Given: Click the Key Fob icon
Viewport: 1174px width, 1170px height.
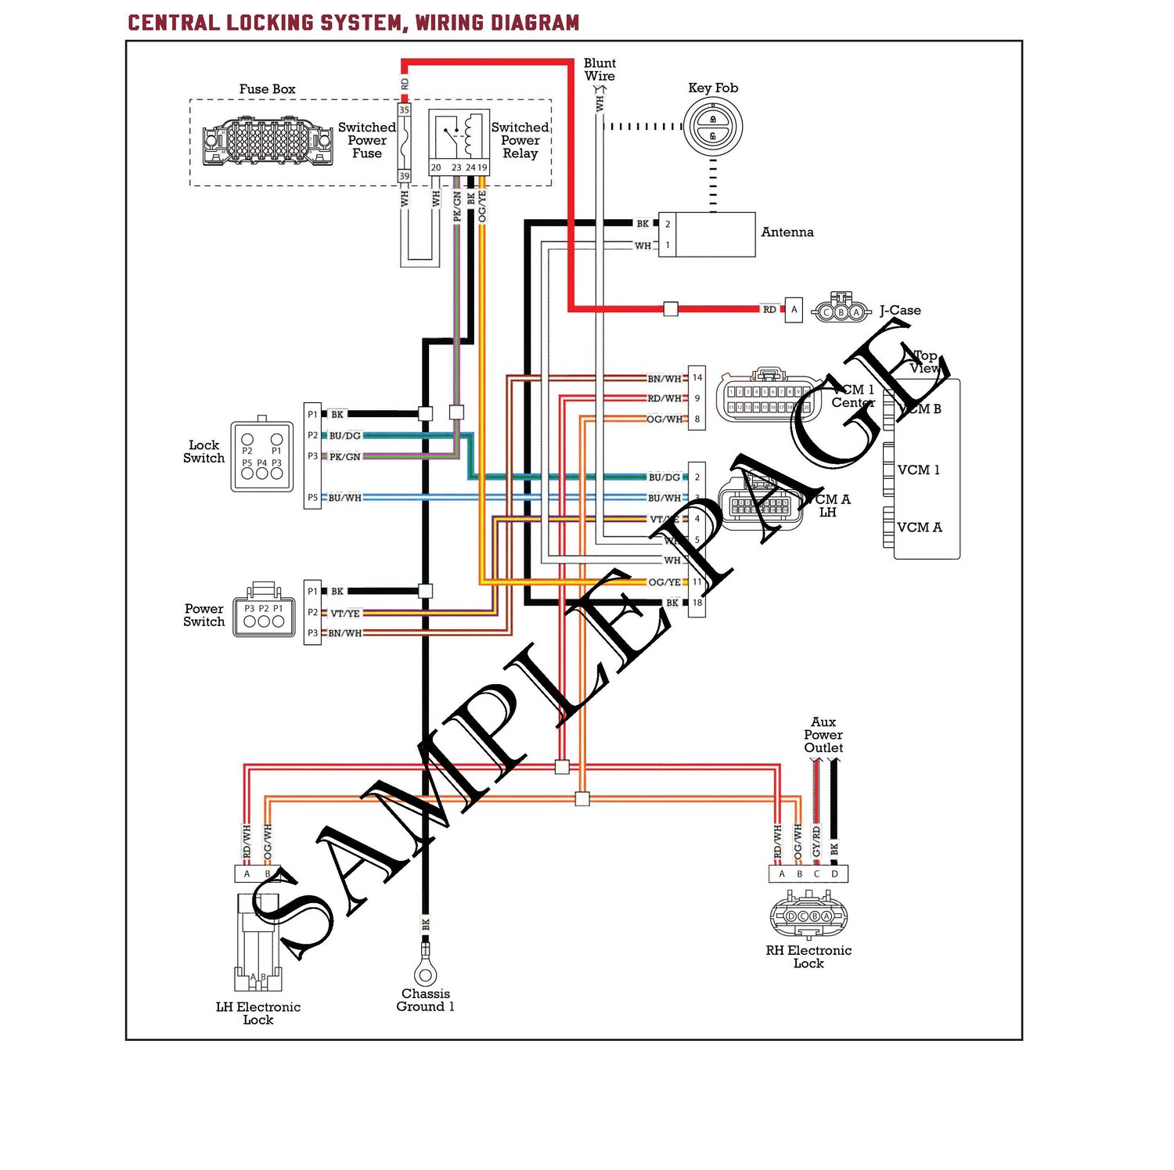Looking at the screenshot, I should click(x=712, y=127).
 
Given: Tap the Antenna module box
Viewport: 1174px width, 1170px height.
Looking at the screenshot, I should click(x=715, y=234).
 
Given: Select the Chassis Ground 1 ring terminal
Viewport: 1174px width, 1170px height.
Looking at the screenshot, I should click(x=425, y=973).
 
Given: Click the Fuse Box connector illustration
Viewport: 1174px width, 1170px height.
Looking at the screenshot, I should click(x=267, y=142).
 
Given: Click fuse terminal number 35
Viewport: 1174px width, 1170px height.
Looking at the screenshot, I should click(x=405, y=110).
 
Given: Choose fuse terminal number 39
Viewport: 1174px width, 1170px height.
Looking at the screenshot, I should click(x=405, y=177).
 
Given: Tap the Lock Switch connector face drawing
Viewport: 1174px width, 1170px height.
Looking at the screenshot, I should click(x=261, y=457).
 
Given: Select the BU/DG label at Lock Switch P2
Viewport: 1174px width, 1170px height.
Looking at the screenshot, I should click(x=344, y=436).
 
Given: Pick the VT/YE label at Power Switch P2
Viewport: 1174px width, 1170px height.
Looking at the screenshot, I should click(x=345, y=614).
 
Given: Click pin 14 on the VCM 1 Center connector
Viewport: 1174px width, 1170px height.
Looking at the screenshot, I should click(x=697, y=378).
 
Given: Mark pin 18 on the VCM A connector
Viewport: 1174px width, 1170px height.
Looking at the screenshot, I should click(x=697, y=603).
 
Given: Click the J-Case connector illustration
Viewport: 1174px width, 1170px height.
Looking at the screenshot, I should click(x=841, y=311).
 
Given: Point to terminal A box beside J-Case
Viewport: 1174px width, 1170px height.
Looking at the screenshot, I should click(x=794, y=310).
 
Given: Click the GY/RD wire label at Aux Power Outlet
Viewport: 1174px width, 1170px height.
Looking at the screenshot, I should click(x=816, y=841).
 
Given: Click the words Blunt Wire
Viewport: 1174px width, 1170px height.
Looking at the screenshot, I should click(x=600, y=70).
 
